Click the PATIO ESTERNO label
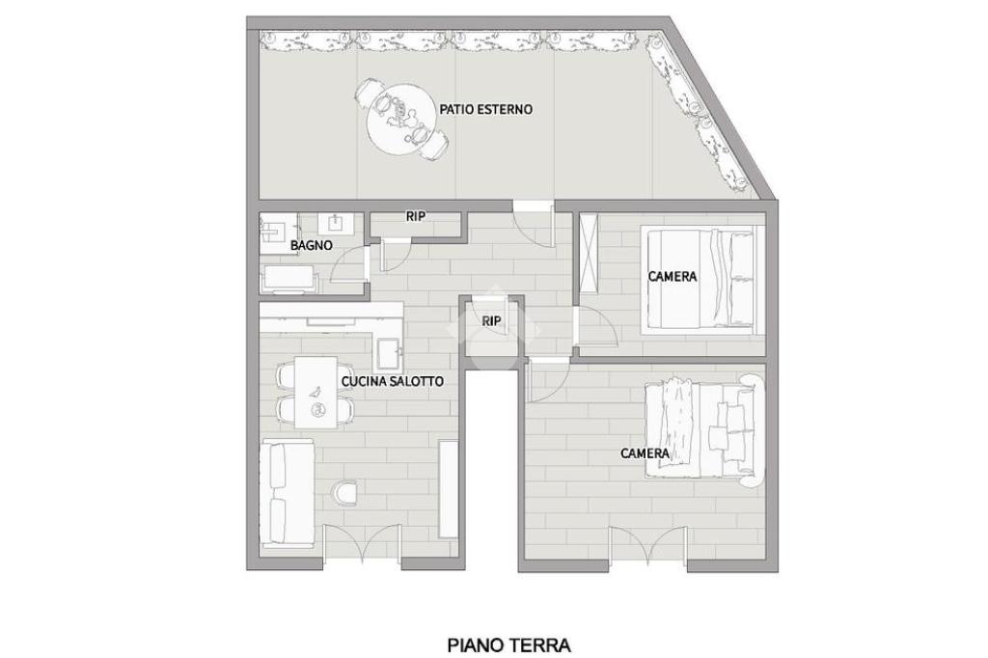(486, 109)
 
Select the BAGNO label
(312, 245)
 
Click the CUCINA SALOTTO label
(392, 381)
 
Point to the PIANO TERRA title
(509, 645)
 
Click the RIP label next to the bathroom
(415, 216)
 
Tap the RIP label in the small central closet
(491, 321)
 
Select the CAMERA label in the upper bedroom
(672, 276)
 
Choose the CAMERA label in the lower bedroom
(645, 453)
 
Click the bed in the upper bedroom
(698, 279)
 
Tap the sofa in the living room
(288, 491)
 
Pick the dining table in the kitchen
(316, 392)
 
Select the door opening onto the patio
(534, 222)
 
